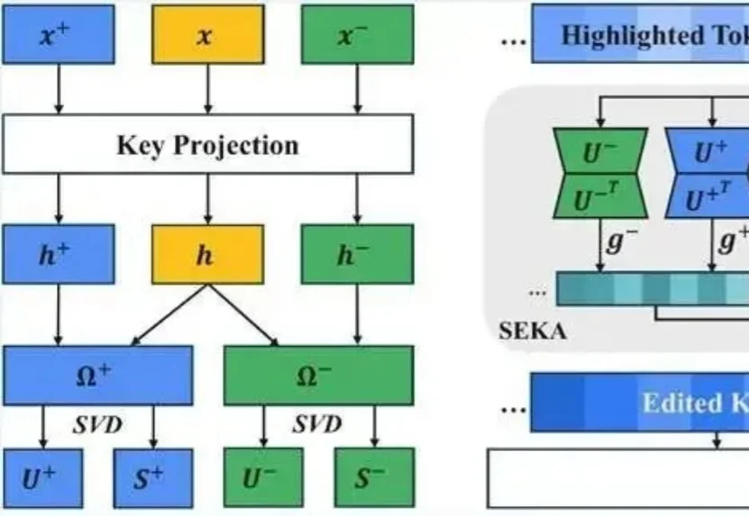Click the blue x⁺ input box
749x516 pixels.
[x=59, y=34]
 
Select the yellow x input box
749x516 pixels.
[x=207, y=34]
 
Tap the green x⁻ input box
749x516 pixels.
[x=357, y=34]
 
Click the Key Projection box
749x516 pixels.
[x=207, y=144]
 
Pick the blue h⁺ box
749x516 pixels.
[x=59, y=255]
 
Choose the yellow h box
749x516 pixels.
[x=207, y=255]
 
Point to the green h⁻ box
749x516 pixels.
[x=357, y=255]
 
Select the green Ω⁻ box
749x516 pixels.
[x=318, y=376]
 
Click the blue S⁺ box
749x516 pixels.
[x=152, y=478]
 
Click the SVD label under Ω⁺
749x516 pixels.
[x=97, y=424]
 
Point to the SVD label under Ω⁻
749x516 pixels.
[x=318, y=424]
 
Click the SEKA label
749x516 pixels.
[x=532, y=330]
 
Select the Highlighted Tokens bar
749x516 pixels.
[x=640, y=35]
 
